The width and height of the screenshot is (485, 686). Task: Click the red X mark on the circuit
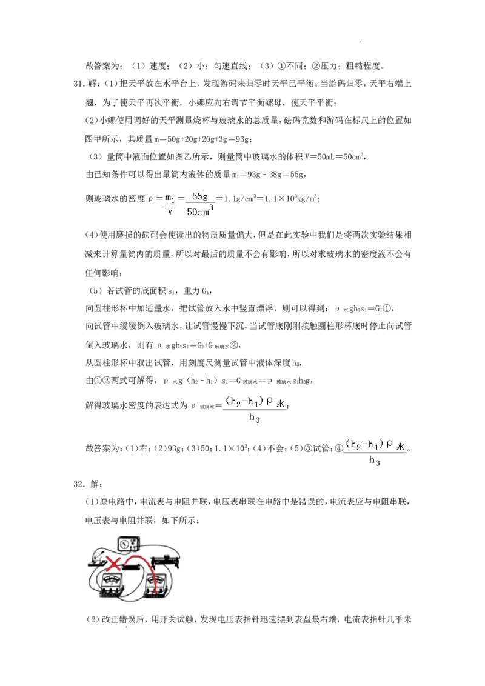(113, 563)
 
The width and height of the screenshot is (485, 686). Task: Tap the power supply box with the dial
(129, 544)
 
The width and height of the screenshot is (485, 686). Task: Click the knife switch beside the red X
(97, 559)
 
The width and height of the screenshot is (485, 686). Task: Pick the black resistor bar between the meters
(130, 568)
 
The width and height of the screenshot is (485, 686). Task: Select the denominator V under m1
(170, 213)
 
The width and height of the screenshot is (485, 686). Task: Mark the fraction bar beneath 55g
(201, 204)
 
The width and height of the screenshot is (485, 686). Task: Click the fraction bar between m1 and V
(170, 205)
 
